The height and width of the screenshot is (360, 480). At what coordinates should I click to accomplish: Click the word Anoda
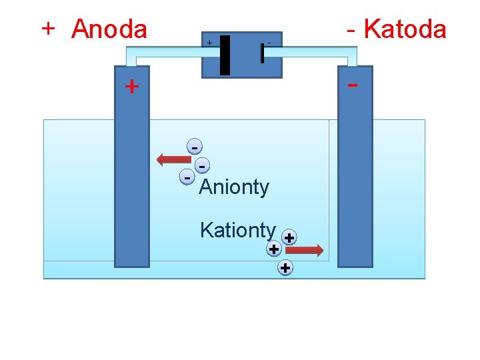pos(109,29)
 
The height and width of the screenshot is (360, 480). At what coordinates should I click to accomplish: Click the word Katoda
pos(405,29)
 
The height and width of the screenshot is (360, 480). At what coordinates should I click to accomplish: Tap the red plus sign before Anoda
pos(47,29)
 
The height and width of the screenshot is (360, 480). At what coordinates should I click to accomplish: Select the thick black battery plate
pos(225,55)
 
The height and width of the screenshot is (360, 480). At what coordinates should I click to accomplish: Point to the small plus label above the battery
pos(209,43)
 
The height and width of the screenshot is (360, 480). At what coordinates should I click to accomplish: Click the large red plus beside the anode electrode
pos(132,86)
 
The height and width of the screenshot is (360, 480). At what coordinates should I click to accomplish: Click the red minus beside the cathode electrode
pos(353,85)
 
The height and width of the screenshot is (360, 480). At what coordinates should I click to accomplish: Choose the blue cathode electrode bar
pos(355,173)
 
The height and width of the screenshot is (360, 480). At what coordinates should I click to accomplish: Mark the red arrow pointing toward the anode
pos(173,159)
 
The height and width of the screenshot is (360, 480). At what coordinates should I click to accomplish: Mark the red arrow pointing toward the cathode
pos(305,250)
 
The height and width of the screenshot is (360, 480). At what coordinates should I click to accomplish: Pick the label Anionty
pos(234,187)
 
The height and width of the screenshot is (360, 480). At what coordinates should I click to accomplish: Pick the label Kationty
pos(237,230)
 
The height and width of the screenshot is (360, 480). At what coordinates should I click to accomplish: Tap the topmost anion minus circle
pos(194,147)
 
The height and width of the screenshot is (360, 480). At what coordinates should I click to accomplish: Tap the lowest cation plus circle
pos(285,268)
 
